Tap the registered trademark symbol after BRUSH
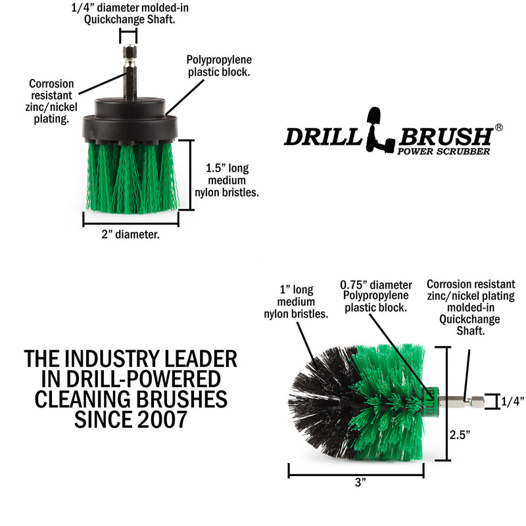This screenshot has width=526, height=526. click(x=499, y=128)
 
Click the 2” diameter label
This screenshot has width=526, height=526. click(x=130, y=233)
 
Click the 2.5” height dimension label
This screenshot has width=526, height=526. click(x=460, y=434)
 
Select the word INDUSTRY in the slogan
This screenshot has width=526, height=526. click(x=130, y=359)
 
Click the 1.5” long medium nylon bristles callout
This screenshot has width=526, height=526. click(x=225, y=181)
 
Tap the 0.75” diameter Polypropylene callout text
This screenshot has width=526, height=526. click(x=376, y=296)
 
